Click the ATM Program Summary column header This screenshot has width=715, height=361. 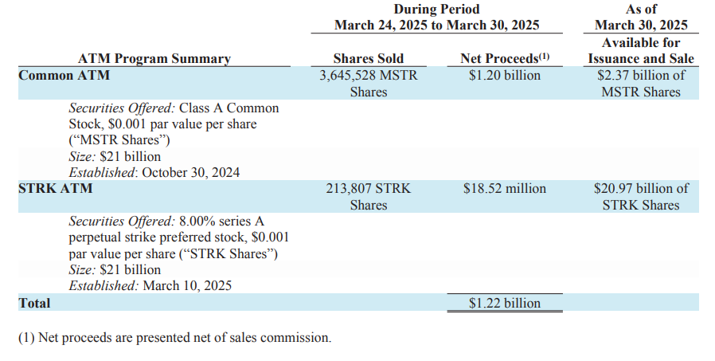tap(154, 58)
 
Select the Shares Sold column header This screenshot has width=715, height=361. tap(368, 58)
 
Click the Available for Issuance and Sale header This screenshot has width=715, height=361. tap(641, 50)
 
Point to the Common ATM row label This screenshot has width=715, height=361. tap(64, 76)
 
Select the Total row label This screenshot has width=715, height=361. tap(34, 303)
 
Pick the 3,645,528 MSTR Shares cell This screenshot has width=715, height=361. tap(368, 84)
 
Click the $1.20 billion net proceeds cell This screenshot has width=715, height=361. tap(505, 76)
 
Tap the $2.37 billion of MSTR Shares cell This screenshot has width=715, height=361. tap(641, 84)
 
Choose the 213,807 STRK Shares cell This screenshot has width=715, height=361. tap(368, 197)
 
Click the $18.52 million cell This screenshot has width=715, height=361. tap(505, 189)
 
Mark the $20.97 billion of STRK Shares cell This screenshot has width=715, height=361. tap(641, 197)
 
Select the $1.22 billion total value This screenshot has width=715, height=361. tap(505, 303)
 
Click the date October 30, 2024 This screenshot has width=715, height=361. tap(191, 172)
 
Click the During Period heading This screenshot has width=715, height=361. tap(436, 9)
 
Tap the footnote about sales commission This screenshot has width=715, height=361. tap(174, 337)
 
